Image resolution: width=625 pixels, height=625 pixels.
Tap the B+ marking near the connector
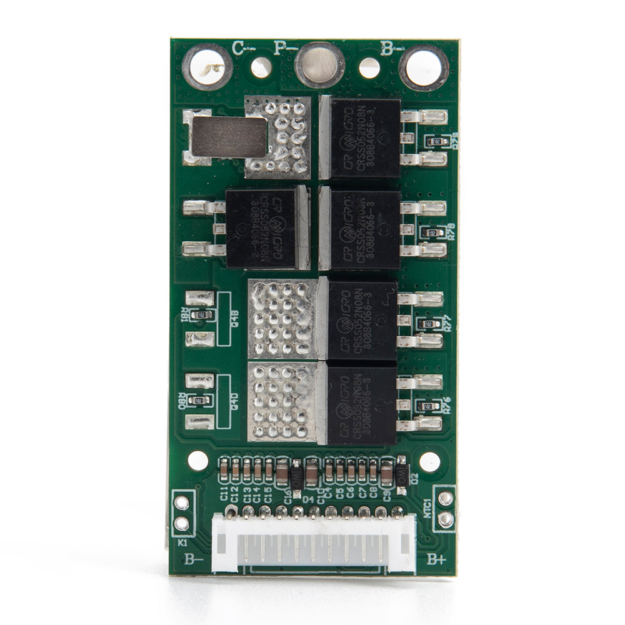pos(436,559)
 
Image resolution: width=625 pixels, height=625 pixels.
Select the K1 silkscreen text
pos(182,542)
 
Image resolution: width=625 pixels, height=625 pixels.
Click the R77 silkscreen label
pos(447,324)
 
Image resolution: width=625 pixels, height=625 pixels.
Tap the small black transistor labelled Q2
pos(402,473)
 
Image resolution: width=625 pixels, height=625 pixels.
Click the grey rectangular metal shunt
pos(229,137)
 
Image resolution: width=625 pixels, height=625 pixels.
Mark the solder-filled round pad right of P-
pos(319,65)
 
